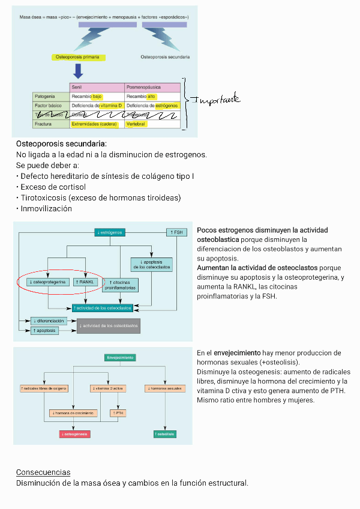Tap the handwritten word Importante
coord(215,100)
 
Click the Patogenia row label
coord(45,96)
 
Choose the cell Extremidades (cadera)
coord(95,124)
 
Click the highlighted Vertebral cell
coord(136,124)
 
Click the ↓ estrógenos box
coord(109,232)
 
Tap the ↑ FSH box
coord(176,232)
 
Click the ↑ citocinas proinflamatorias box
coord(121,285)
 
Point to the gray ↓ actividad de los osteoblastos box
coord(109,326)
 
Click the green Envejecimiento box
coord(120,357)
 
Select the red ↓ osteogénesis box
coord(74,433)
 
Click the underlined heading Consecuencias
coord(43,472)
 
